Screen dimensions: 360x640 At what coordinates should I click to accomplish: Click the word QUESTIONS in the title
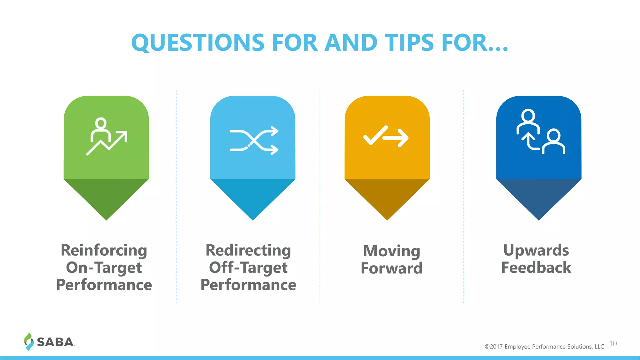(198, 43)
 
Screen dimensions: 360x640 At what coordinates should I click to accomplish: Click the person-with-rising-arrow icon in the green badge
(106, 137)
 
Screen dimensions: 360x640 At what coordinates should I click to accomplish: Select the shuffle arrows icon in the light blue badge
(253, 140)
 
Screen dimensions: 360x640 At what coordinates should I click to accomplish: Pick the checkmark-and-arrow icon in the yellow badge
(386, 137)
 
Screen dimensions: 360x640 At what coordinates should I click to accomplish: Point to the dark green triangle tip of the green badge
(106, 197)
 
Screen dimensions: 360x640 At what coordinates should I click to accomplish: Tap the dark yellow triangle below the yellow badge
(387, 197)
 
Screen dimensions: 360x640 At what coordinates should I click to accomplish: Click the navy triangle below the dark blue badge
(538, 197)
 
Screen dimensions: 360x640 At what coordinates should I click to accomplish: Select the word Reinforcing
(104, 251)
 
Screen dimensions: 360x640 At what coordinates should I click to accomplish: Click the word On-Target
(104, 268)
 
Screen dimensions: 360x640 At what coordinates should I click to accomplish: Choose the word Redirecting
(248, 251)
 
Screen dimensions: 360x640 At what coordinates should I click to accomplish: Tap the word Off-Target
(248, 268)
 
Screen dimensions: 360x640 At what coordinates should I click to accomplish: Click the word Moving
(392, 251)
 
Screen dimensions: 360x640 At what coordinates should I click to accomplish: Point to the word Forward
(392, 268)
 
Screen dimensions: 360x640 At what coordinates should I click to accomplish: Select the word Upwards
(536, 251)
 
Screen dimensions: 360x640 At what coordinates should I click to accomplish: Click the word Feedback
(536, 268)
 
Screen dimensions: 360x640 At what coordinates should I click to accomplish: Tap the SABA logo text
(55, 342)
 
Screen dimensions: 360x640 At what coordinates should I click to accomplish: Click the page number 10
(613, 344)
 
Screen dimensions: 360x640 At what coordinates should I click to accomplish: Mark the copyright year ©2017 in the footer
(493, 347)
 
